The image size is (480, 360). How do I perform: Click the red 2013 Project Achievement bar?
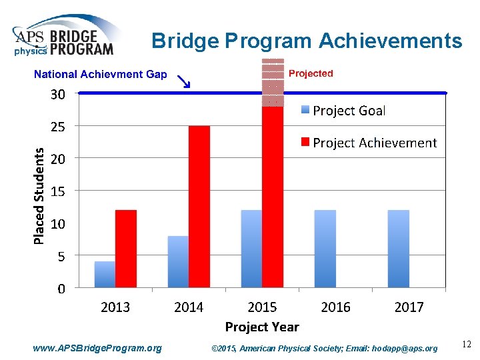point(125,249)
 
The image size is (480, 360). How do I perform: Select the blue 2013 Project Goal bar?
point(105,275)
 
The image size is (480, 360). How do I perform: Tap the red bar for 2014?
point(199,207)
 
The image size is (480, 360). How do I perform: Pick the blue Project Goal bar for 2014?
point(178,262)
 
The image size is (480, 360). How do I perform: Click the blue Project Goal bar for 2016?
point(325,249)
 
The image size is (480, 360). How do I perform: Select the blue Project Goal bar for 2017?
point(398,249)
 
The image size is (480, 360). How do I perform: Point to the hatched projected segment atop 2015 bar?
point(272,83)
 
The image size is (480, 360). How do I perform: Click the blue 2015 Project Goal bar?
point(251,249)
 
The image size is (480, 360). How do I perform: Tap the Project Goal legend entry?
point(343,111)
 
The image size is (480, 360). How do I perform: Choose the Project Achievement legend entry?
point(368,143)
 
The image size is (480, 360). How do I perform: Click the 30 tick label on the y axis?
point(58,95)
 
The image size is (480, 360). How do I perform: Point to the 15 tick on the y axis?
point(58,191)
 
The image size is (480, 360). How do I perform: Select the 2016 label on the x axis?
point(335,307)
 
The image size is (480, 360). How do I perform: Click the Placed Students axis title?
point(39,195)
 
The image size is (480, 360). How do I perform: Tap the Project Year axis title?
point(262,327)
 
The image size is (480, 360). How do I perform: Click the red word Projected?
point(311,73)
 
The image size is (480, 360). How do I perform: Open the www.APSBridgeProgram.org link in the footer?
point(97,348)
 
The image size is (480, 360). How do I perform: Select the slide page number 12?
point(466,345)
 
